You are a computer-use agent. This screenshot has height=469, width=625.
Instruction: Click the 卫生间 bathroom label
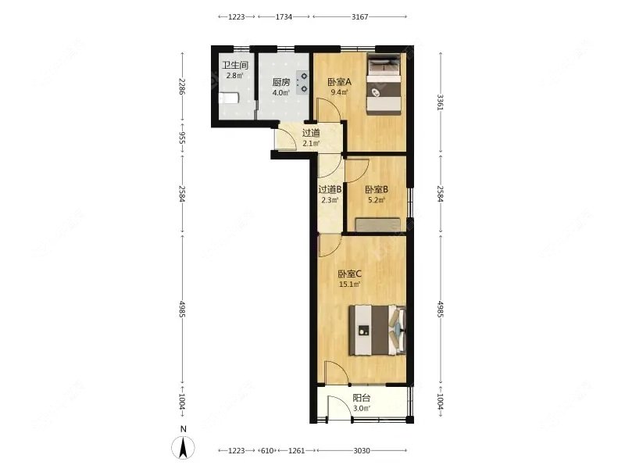click(234, 66)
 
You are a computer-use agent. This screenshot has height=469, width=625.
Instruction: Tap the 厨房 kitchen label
click(281, 82)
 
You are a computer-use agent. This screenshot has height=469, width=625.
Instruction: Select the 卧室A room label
click(339, 82)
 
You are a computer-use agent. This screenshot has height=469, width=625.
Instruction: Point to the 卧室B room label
click(376, 188)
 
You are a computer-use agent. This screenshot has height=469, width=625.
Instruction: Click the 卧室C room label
click(348, 274)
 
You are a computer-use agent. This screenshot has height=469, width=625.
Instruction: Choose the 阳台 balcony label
click(361, 397)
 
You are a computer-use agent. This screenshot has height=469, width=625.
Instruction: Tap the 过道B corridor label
click(330, 188)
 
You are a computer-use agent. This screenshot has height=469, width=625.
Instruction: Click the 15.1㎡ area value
click(348, 285)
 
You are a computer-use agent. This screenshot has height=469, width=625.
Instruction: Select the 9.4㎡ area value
click(339, 92)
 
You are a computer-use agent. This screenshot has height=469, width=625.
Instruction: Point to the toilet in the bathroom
click(227, 99)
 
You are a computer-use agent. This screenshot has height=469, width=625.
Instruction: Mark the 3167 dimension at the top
click(360, 16)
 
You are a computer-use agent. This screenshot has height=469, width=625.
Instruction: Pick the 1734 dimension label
click(284, 16)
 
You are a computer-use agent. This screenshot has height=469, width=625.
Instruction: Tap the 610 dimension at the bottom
click(267, 451)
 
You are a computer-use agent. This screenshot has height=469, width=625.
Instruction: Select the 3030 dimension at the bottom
click(361, 451)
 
